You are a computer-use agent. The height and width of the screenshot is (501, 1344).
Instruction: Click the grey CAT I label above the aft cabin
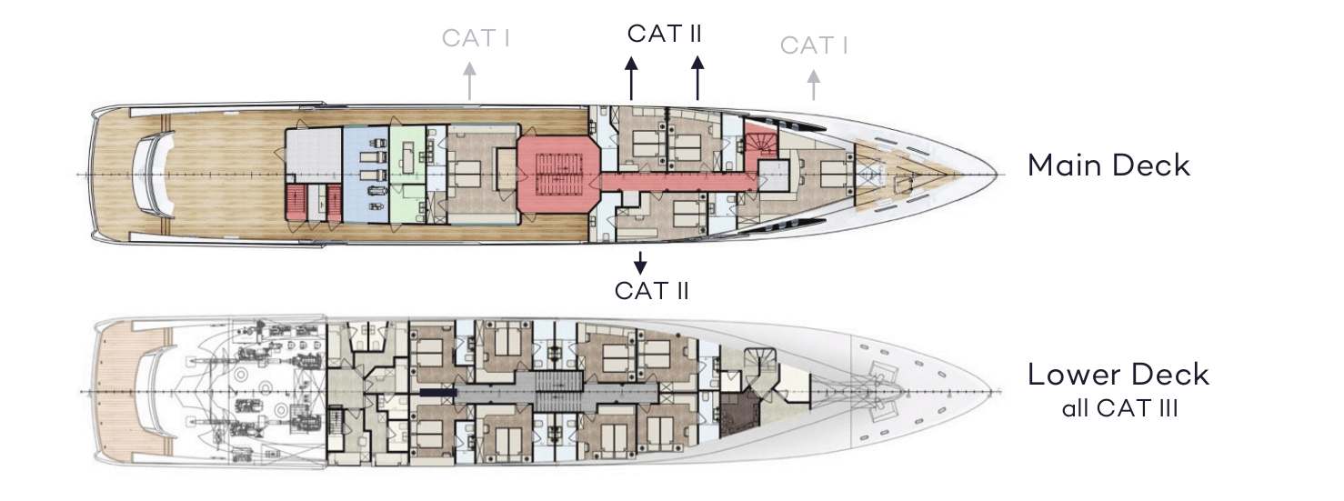475,38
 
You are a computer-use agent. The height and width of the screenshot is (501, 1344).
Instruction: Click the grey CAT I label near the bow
814,45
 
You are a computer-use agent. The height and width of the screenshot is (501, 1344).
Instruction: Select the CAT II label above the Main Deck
664,34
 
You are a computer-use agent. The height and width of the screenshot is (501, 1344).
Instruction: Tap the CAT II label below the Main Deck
651,290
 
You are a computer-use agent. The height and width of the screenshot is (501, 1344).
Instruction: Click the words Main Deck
1108,165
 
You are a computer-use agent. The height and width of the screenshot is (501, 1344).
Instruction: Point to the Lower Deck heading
1118,375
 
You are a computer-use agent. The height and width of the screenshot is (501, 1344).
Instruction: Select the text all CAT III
1119,408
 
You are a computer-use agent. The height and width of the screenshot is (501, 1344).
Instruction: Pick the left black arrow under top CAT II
631,78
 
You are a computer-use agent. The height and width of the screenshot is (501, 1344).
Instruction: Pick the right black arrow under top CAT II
697,78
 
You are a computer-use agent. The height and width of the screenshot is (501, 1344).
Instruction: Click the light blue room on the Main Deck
365,173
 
